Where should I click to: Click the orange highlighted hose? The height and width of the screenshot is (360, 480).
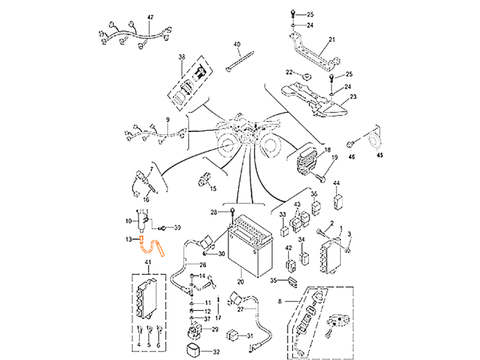(x=151, y=246)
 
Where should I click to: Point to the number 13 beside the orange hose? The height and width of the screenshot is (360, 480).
(x=128, y=240)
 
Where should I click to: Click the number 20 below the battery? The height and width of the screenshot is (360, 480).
(x=240, y=282)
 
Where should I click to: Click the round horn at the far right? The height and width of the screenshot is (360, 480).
(x=375, y=141)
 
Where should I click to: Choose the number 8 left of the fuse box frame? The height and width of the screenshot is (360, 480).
(x=279, y=302)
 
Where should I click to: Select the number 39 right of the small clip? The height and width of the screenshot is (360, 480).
(x=178, y=227)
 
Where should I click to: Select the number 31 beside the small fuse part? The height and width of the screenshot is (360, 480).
(x=273, y=280)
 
